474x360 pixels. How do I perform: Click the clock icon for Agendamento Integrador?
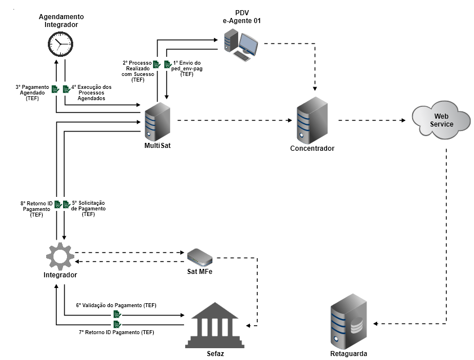(x=60, y=44)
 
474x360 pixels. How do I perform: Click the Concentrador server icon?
(x=311, y=120)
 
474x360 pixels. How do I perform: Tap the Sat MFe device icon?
(x=200, y=256)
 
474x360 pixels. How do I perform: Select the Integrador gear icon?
(x=60, y=256)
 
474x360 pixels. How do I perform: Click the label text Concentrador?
(x=312, y=148)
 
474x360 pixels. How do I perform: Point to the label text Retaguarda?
(x=349, y=354)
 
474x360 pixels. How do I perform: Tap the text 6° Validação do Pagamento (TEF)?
(x=116, y=305)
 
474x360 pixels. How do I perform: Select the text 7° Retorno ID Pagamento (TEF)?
(x=116, y=332)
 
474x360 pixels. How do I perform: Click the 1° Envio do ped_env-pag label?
(x=187, y=69)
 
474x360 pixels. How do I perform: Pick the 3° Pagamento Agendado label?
(x=33, y=93)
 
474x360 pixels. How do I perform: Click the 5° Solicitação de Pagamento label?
(x=88, y=208)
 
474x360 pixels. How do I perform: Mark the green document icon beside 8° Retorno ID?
(x=56, y=204)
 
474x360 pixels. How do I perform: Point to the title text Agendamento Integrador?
(x=61, y=21)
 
